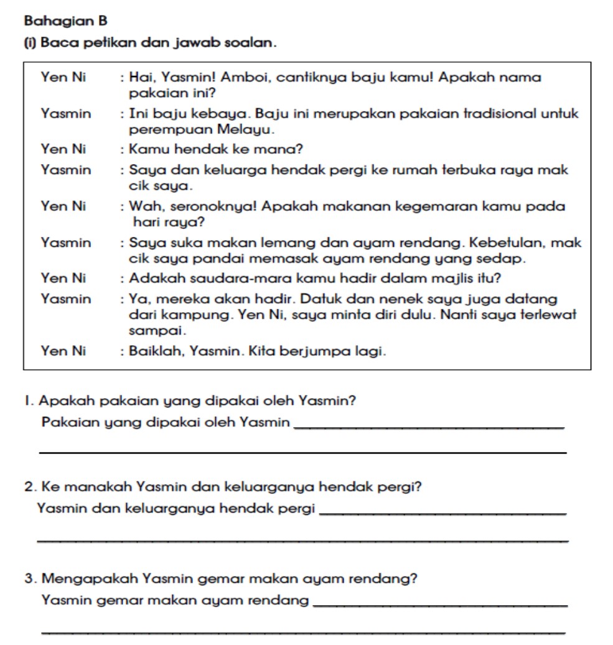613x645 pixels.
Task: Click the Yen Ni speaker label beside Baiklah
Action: (x=63, y=351)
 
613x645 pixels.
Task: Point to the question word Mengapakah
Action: (x=89, y=579)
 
